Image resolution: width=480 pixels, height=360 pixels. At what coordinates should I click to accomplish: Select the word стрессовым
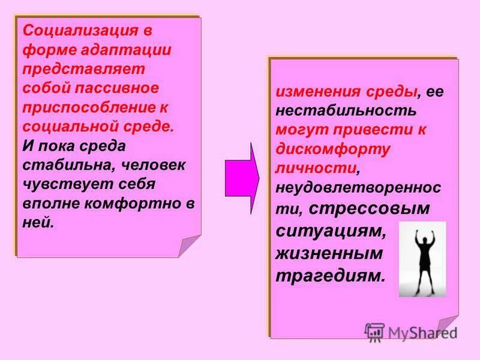tap(380, 208)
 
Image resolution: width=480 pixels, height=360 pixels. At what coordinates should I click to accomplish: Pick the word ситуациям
tap(328, 230)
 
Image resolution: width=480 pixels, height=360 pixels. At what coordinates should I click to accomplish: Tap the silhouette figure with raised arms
tap(422, 258)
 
